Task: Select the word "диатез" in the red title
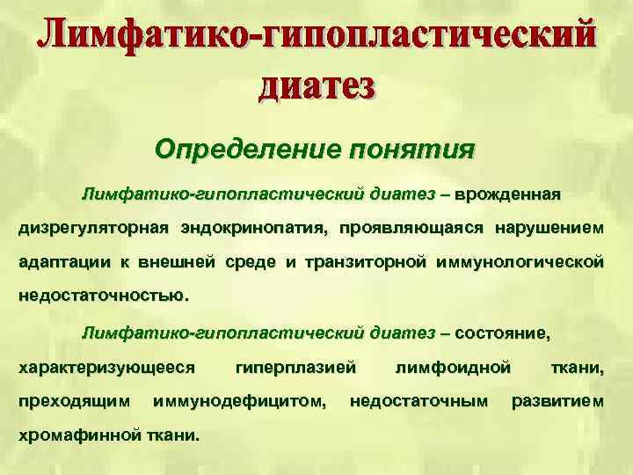tap(316, 85)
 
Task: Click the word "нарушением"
tap(549, 229)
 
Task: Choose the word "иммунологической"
tap(527, 262)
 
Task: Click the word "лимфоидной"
tap(454, 368)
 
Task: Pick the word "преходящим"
tap(71, 402)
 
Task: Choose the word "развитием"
tap(558, 402)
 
